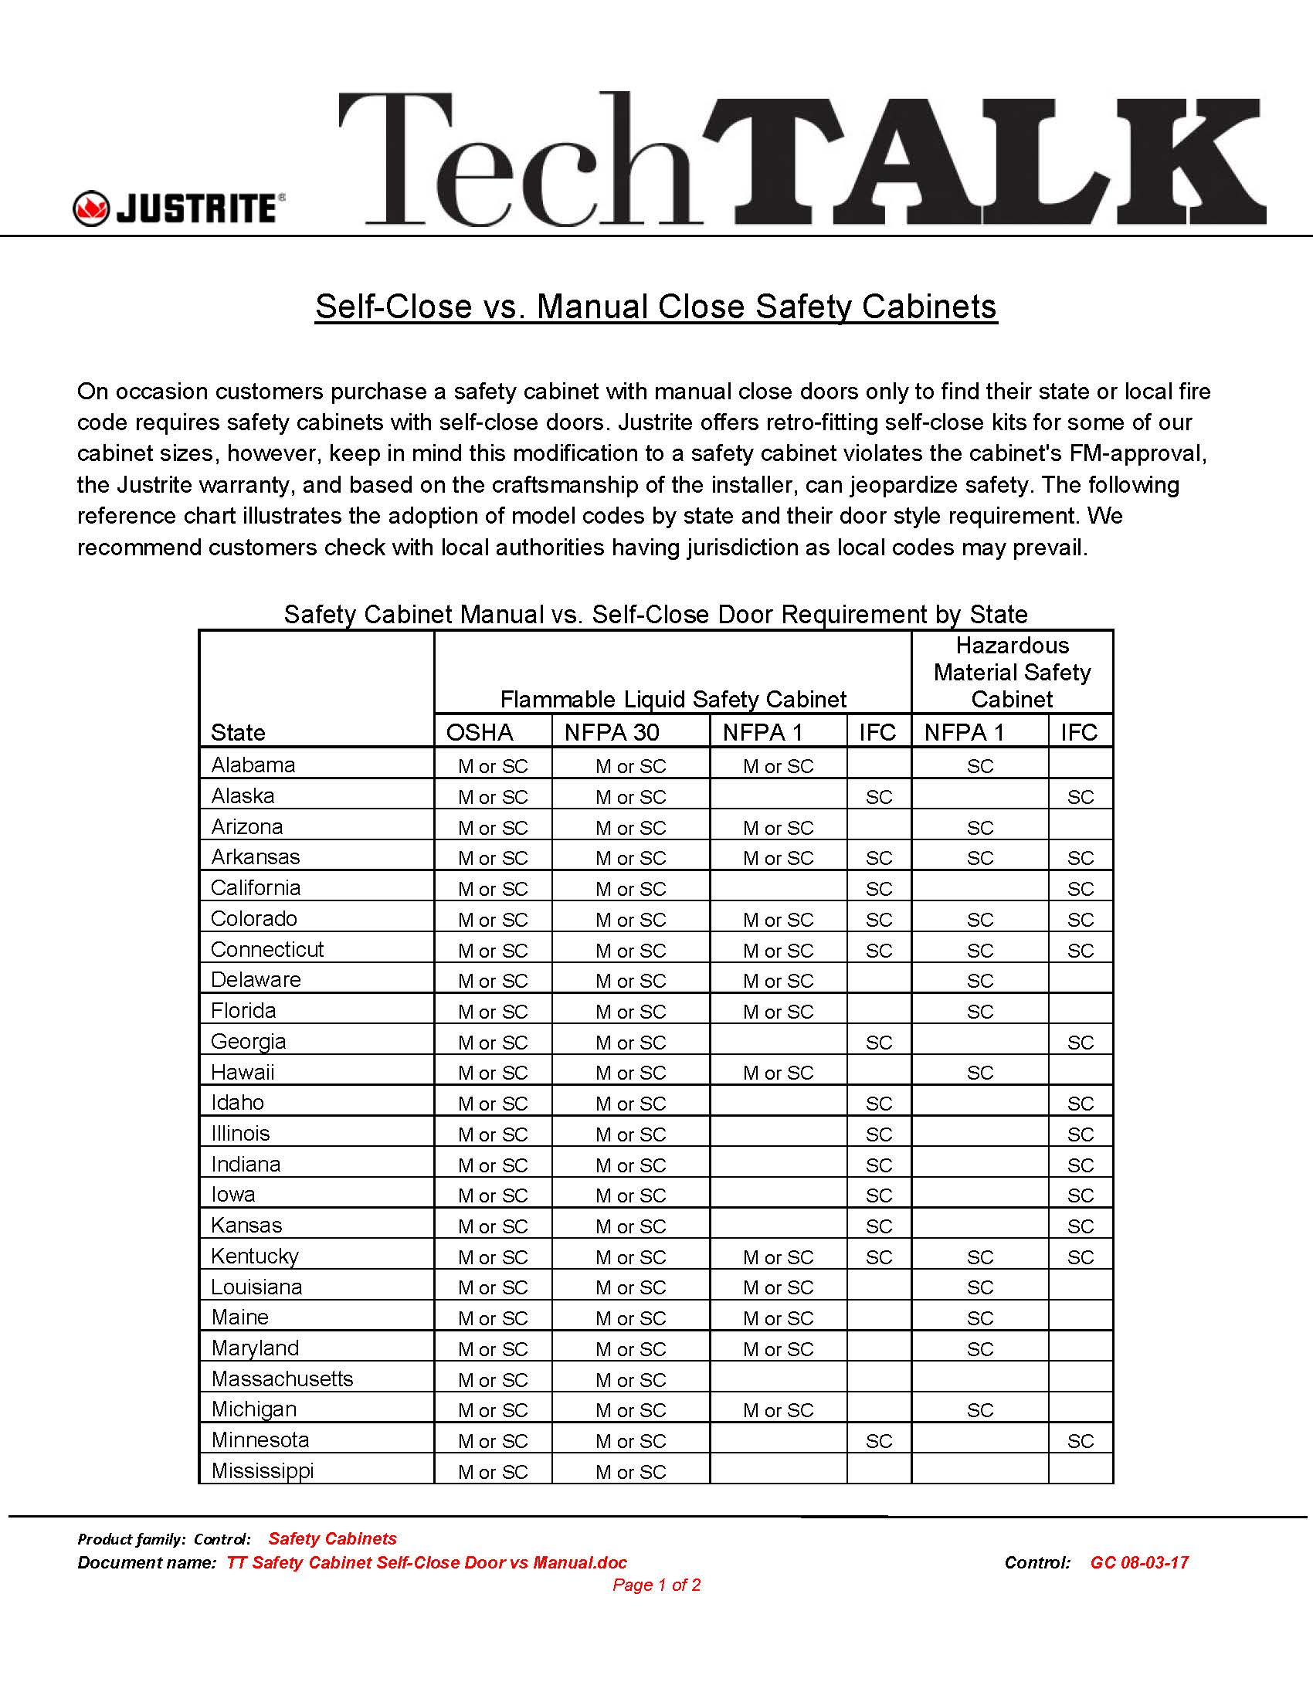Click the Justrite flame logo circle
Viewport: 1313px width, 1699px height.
coord(91,209)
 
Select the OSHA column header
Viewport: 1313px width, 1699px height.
coord(479,732)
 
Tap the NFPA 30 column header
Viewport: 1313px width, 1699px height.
coord(612,732)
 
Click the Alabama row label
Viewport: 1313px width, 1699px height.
coord(253,765)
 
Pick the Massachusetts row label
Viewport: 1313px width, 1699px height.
coord(282,1379)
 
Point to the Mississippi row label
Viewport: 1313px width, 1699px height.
coord(262,1470)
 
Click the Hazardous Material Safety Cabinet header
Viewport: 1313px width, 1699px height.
coord(1011,672)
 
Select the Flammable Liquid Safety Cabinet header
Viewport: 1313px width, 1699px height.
coord(673,699)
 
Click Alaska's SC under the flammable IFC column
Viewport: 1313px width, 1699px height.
coord(879,797)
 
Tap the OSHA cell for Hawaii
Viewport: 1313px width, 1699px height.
coord(493,1073)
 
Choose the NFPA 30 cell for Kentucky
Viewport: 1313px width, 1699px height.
coord(631,1257)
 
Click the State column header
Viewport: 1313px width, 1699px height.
coord(238,732)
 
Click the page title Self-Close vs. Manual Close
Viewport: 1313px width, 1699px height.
coord(656,306)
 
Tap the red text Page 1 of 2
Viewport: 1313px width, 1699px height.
coord(656,1585)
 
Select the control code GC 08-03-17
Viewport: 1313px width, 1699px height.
coord(1138,1562)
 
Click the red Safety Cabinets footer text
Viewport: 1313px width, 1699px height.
coord(332,1538)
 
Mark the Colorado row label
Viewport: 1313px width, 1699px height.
coord(253,918)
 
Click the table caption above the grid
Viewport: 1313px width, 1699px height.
coord(656,614)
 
